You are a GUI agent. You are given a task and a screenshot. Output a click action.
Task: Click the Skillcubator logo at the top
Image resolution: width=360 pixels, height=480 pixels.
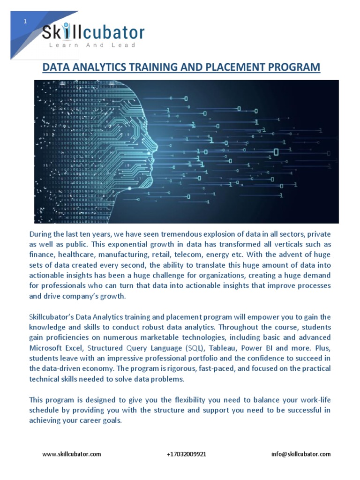tap(93, 32)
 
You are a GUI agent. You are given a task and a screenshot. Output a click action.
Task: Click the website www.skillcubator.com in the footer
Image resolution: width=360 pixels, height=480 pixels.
tap(71, 454)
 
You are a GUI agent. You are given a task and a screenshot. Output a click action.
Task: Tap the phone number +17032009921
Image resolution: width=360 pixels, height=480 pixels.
tap(186, 454)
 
